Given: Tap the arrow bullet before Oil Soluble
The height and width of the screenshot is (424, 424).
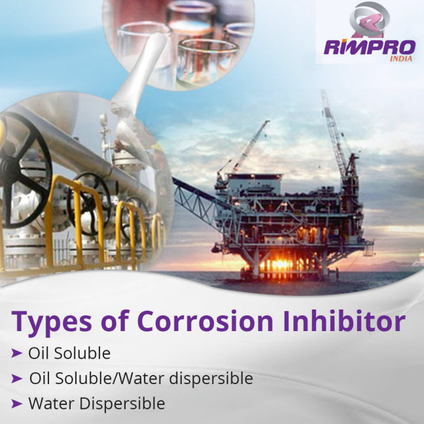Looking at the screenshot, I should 16,353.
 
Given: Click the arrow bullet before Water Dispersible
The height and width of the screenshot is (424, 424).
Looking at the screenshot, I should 16,404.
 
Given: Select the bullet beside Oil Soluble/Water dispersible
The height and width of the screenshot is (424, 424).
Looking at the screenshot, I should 16,378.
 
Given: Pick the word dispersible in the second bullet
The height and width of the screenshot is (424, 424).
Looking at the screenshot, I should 213,378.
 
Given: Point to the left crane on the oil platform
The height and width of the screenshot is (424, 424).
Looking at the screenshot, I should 249,147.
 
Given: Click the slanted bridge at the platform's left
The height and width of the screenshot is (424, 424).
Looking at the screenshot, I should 196,196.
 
